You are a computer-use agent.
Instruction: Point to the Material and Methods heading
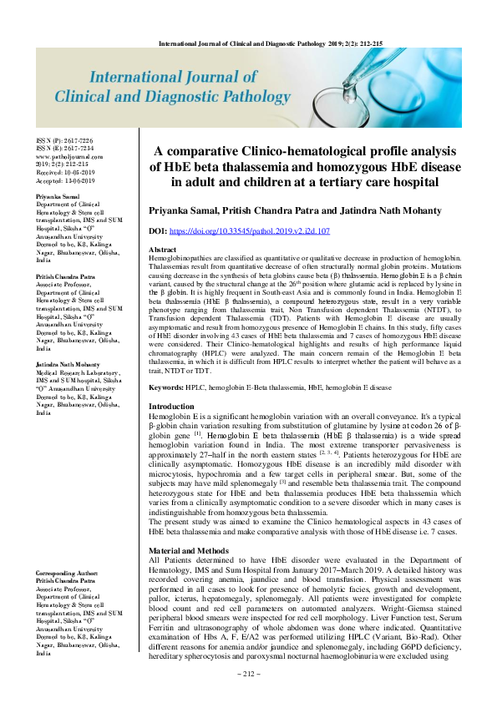point(189,528)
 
